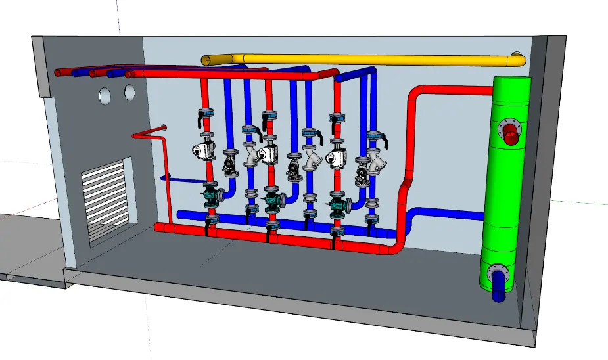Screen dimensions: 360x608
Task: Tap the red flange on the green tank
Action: (511, 129)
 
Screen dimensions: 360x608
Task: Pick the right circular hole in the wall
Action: (129, 93)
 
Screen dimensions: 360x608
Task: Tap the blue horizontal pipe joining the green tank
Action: (454, 215)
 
